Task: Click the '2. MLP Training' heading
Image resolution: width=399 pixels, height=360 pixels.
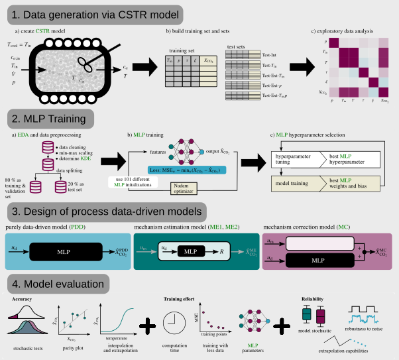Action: click(x=52, y=119)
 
